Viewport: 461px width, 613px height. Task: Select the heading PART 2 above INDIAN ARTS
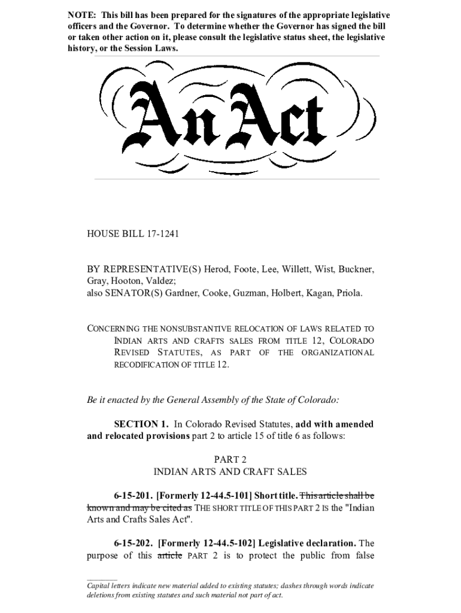point(230,459)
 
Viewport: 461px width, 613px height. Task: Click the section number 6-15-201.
point(133,496)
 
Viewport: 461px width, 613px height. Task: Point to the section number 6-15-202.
point(134,544)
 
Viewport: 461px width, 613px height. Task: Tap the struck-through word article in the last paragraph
point(169,556)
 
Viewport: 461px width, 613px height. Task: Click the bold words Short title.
point(276,496)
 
